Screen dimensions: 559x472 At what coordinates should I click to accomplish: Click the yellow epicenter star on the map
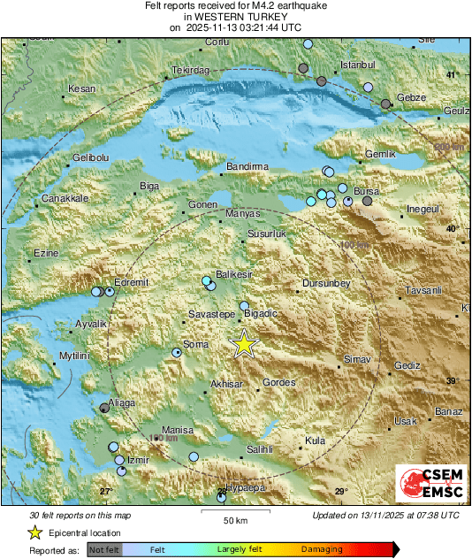(243, 344)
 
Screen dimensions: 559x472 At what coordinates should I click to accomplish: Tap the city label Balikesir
(234, 275)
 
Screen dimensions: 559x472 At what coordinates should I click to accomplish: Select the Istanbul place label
(358, 65)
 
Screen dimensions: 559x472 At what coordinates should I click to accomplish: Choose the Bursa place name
(366, 191)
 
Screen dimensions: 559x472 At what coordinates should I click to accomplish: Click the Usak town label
(405, 421)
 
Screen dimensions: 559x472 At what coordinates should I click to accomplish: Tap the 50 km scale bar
(234, 510)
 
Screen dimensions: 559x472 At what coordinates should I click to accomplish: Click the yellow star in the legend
(34, 532)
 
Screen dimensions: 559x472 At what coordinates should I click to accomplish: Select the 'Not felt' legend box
(104, 549)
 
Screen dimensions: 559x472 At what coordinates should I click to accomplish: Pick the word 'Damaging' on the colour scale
(322, 549)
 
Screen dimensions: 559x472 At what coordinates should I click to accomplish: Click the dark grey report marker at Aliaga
(104, 408)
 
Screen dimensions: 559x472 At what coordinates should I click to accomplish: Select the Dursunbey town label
(327, 283)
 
